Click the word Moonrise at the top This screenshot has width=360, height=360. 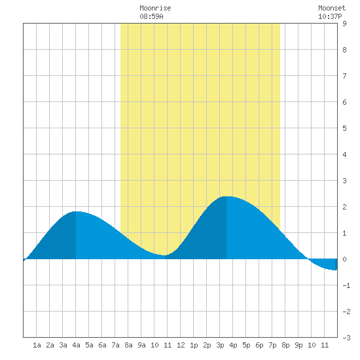[x=155, y=9]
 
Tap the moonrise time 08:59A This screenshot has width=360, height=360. [x=152, y=16]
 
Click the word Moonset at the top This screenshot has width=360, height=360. [x=332, y=9]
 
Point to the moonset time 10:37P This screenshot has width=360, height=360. [x=330, y=16]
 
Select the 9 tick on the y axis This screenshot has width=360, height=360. [x=344, y=24]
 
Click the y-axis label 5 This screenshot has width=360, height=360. [x=344, y=128]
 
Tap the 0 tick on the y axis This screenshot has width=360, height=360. [x=344, y=259]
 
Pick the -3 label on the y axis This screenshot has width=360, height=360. [x=346, y=338]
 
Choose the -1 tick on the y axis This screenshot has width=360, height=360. [x=346, y=285]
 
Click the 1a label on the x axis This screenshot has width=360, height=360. [x=37, y=345]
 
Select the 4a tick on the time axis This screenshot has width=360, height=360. [x=76, y=345]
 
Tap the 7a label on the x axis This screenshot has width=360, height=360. [x=115, y=345]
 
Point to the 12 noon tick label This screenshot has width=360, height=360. [x=181, y=345]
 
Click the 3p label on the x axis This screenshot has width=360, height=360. [x=220, y=345]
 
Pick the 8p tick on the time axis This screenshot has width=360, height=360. [x=285, y=345]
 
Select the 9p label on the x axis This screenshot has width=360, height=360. [x=298, y=345]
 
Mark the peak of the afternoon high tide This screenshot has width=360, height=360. [x=226, y=196]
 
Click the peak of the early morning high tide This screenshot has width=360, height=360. [x=76, y=211]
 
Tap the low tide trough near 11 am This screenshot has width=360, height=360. [x=165, y=255]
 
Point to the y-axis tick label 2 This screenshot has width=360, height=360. [x=344, y=207]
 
